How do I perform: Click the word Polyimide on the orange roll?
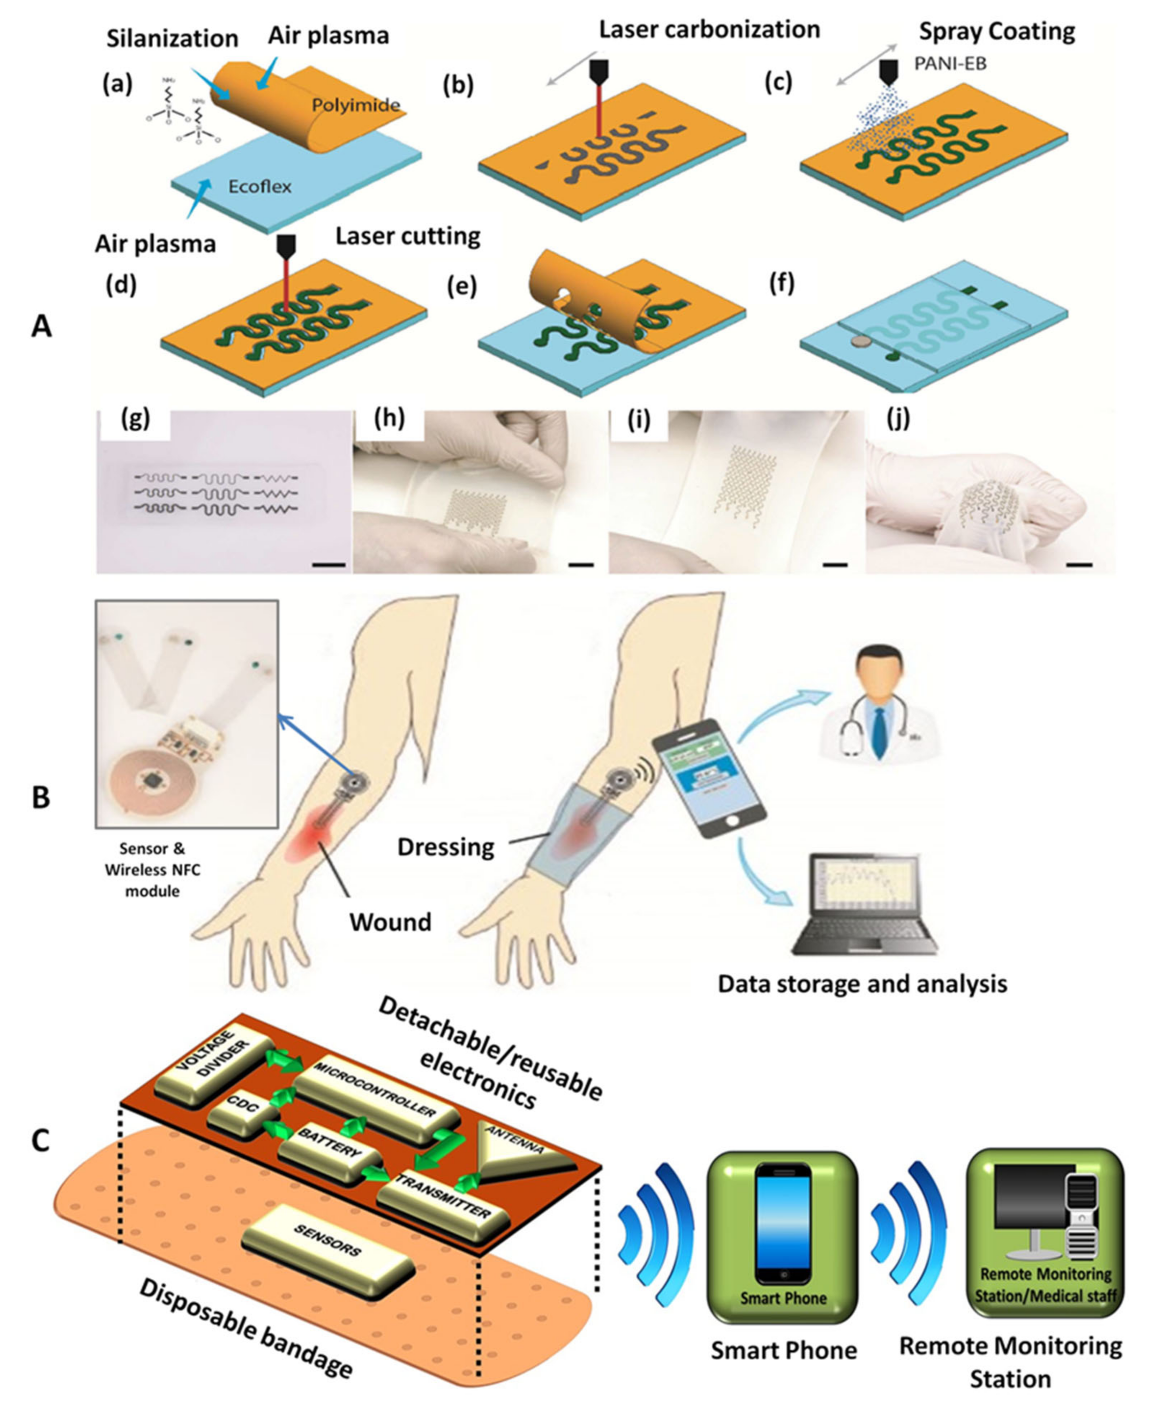pos(355,105)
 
